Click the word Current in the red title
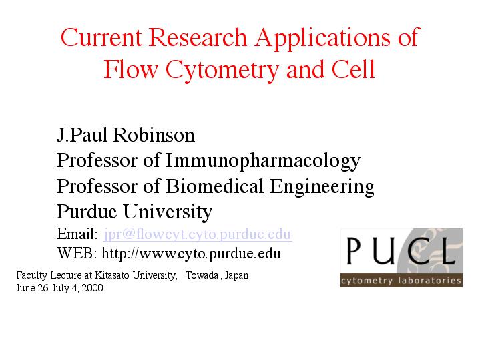(101, 37)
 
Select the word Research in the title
(198, 37)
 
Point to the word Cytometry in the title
(222, 71)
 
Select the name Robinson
(154, 135)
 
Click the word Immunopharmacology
(263, 162)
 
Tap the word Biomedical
(214, 186)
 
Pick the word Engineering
(322, 188)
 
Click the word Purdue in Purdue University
(87, 212)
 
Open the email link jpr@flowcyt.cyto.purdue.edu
(198, 234)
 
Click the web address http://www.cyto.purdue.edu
(191, 254)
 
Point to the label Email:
(77, 234)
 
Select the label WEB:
(77, 253)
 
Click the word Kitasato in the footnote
(112, 275)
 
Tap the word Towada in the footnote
(202, 275)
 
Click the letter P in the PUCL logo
(353, 251)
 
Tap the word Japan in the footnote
(236, 275)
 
